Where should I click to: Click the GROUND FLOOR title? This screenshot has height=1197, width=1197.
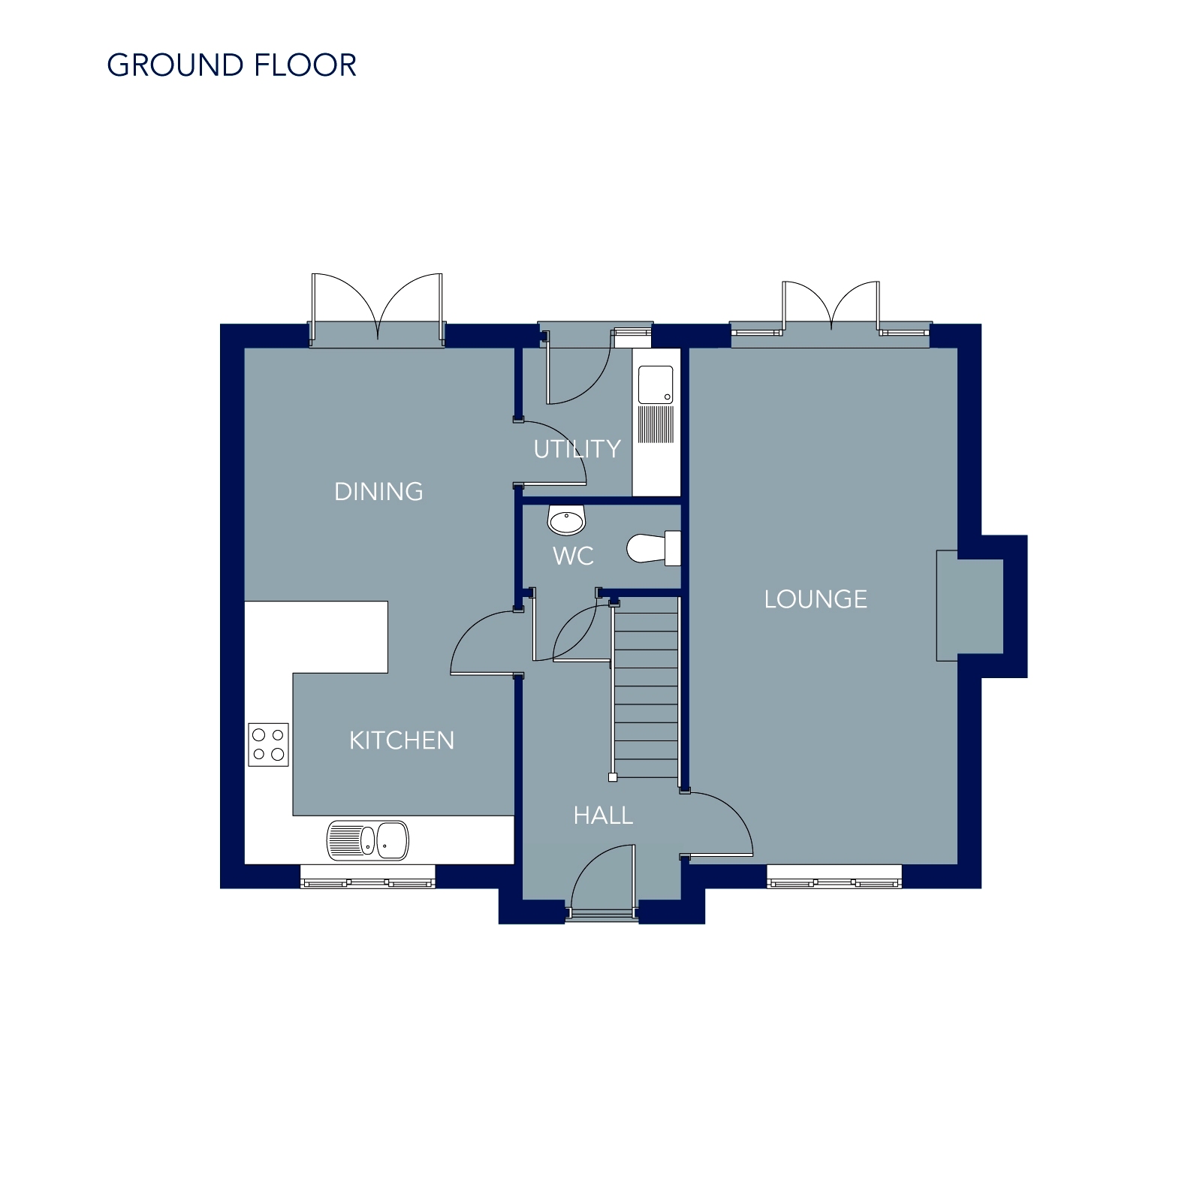(x=231, y=65)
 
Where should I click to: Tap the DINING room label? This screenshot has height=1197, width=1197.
(x=378, y=492)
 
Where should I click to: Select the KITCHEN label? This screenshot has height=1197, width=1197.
(x=402, y=741)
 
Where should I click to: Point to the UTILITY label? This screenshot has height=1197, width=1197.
(x=577, y=449)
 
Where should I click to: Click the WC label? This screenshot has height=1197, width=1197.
(x=573, y=556)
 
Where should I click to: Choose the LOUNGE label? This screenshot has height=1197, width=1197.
(x=816, y=599)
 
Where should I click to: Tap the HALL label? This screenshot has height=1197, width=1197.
(x=603, y=816)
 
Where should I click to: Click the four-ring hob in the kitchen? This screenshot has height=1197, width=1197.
(x=268, y=745)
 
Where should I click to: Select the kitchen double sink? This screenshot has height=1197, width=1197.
(x=368, y=840)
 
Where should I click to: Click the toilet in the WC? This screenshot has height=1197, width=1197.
(x=654, y=548)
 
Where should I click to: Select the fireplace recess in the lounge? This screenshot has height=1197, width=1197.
(x=969, y=606)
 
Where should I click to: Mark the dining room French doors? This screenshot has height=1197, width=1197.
(x=378, y=309)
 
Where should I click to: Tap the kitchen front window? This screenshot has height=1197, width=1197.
(x=368, y=876)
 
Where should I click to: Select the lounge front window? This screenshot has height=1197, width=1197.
(x=834, y=876)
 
